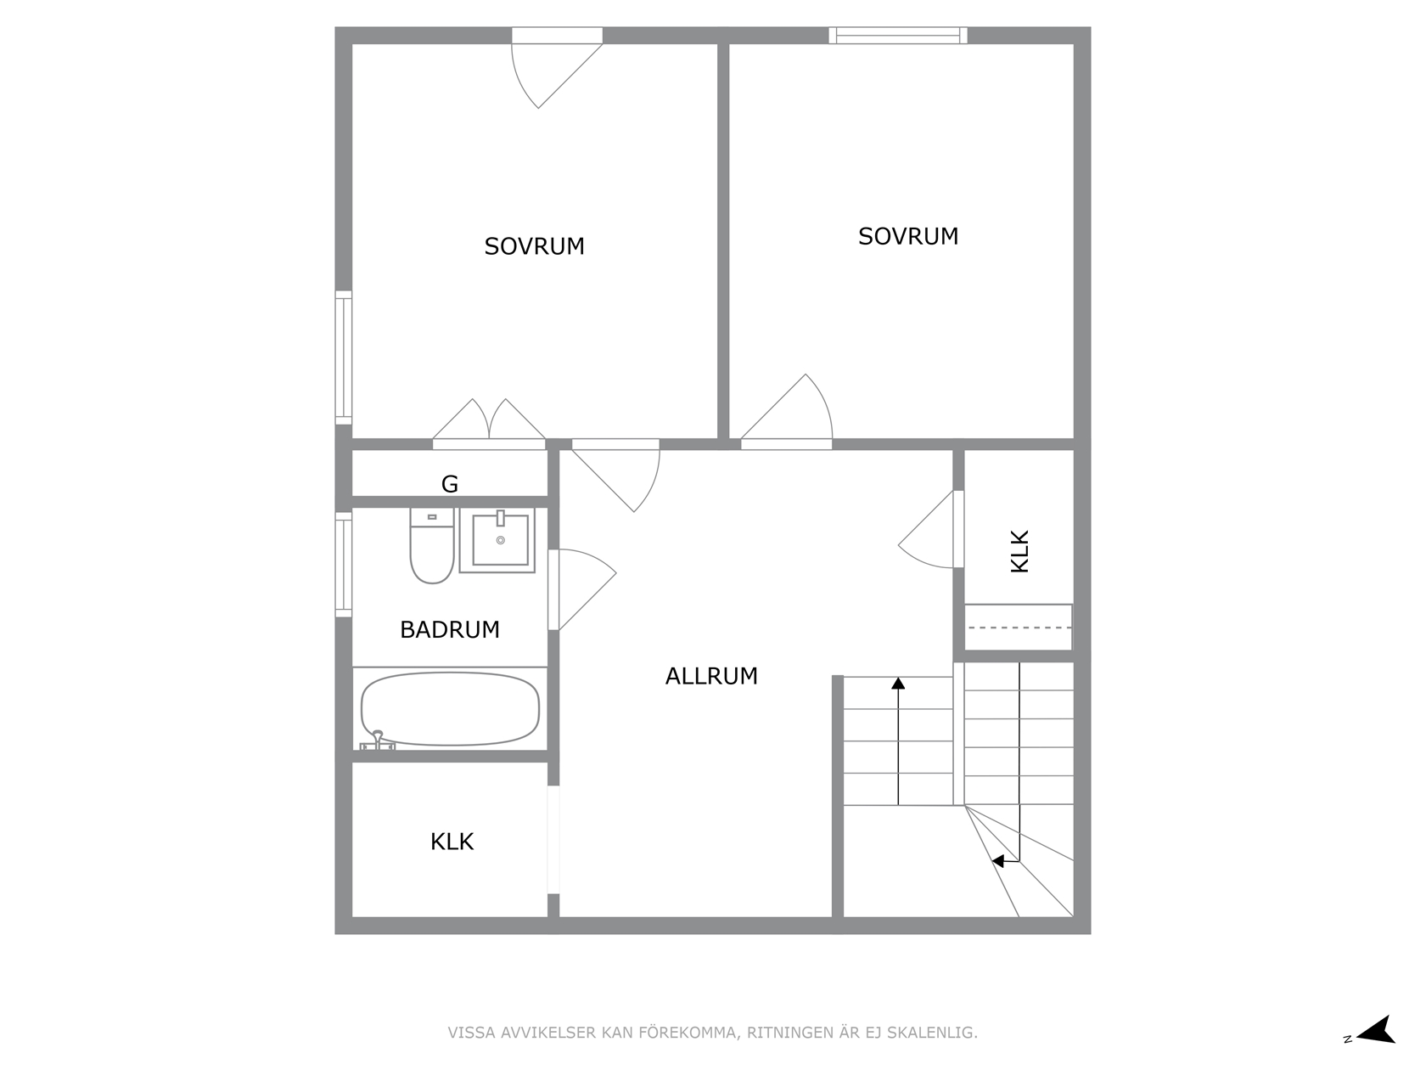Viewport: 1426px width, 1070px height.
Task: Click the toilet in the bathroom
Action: click(x=431, y=546)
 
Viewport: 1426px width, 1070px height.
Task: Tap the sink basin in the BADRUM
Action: click(x=500, y=540)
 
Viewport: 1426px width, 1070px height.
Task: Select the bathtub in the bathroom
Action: click(x=450, y=709)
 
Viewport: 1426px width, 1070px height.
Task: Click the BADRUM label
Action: click(x=450, y=629)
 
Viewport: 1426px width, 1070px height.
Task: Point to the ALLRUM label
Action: click(x=711, y=676)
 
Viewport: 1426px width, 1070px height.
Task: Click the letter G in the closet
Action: click(x=450, y=484)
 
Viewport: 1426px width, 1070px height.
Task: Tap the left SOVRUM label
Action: click(x=534, y=246)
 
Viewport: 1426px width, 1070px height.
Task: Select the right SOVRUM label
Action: click(x=908, y=236)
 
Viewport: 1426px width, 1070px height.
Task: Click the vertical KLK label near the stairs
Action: click(x=1020, y=552)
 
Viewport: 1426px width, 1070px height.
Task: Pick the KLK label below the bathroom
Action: click(x=452, y=842)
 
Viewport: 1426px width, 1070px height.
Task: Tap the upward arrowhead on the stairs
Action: click(x=898, y=683)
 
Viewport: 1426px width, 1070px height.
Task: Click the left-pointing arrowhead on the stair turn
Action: click(x=998, y=861)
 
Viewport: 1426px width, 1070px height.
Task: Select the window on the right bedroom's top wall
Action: click(x=898, y=35)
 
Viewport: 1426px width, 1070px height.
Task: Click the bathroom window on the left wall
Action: click(x=344, y=565)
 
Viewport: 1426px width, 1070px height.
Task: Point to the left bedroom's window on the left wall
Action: click(x=344, y=358)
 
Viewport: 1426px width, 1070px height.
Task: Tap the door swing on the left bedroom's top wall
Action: click(x=557, y=68)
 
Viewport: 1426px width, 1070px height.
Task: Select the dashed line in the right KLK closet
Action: click(x=1018, y=628)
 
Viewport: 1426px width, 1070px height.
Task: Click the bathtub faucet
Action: click(x=378, y=741)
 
